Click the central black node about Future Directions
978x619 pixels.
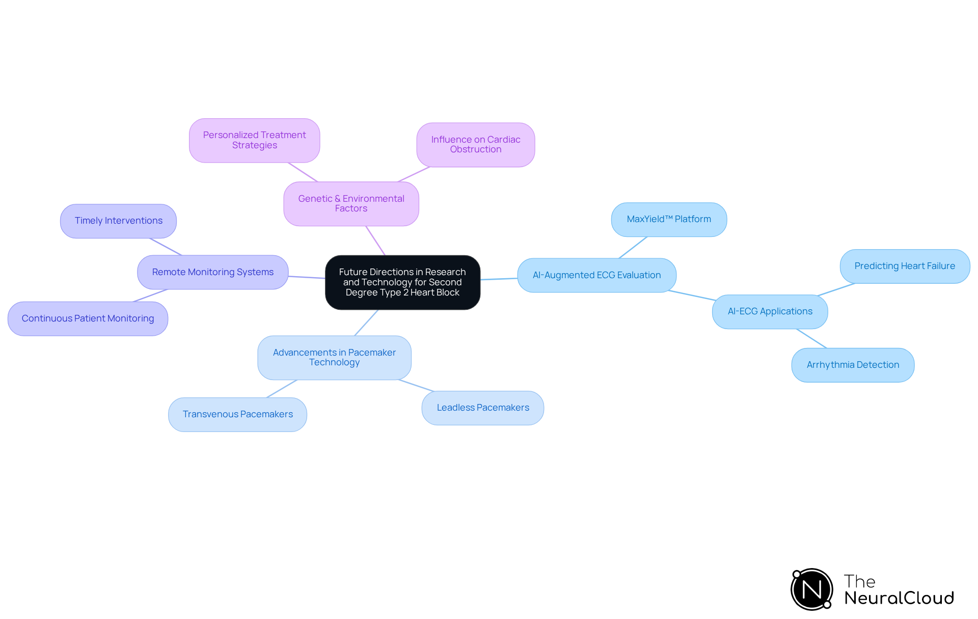click(x=402, y=282)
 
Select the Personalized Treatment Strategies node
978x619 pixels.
click(x=254, y=140)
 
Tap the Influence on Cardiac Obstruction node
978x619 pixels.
click(x=475, y=145)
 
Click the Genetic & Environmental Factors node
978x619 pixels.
click(x=351, y=204)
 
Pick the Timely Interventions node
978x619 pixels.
click(x=118, y=221)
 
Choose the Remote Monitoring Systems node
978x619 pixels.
click(x=212, y=273)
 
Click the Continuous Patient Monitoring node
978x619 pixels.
click(x=88, y=319)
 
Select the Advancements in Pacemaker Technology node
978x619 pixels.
click(x=334, y=358)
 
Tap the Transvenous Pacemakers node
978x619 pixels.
click(x=237, y=415)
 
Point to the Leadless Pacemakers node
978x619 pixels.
click(x=482, y=408)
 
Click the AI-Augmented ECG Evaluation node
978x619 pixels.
click(x=596, y=276)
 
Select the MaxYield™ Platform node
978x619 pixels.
click(x=669, y=220)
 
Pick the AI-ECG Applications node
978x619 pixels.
click(x=770, y=312)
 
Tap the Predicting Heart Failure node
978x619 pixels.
click(x=905, y=266)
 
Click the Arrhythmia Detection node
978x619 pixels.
click(x=853, y=365)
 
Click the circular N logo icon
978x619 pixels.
click(x=811, y=589)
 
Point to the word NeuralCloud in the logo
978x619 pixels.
click(x=899, y=598)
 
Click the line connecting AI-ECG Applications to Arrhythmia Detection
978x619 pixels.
click(x=811, y=339)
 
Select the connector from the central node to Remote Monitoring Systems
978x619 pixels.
click(x=307, y=277)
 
